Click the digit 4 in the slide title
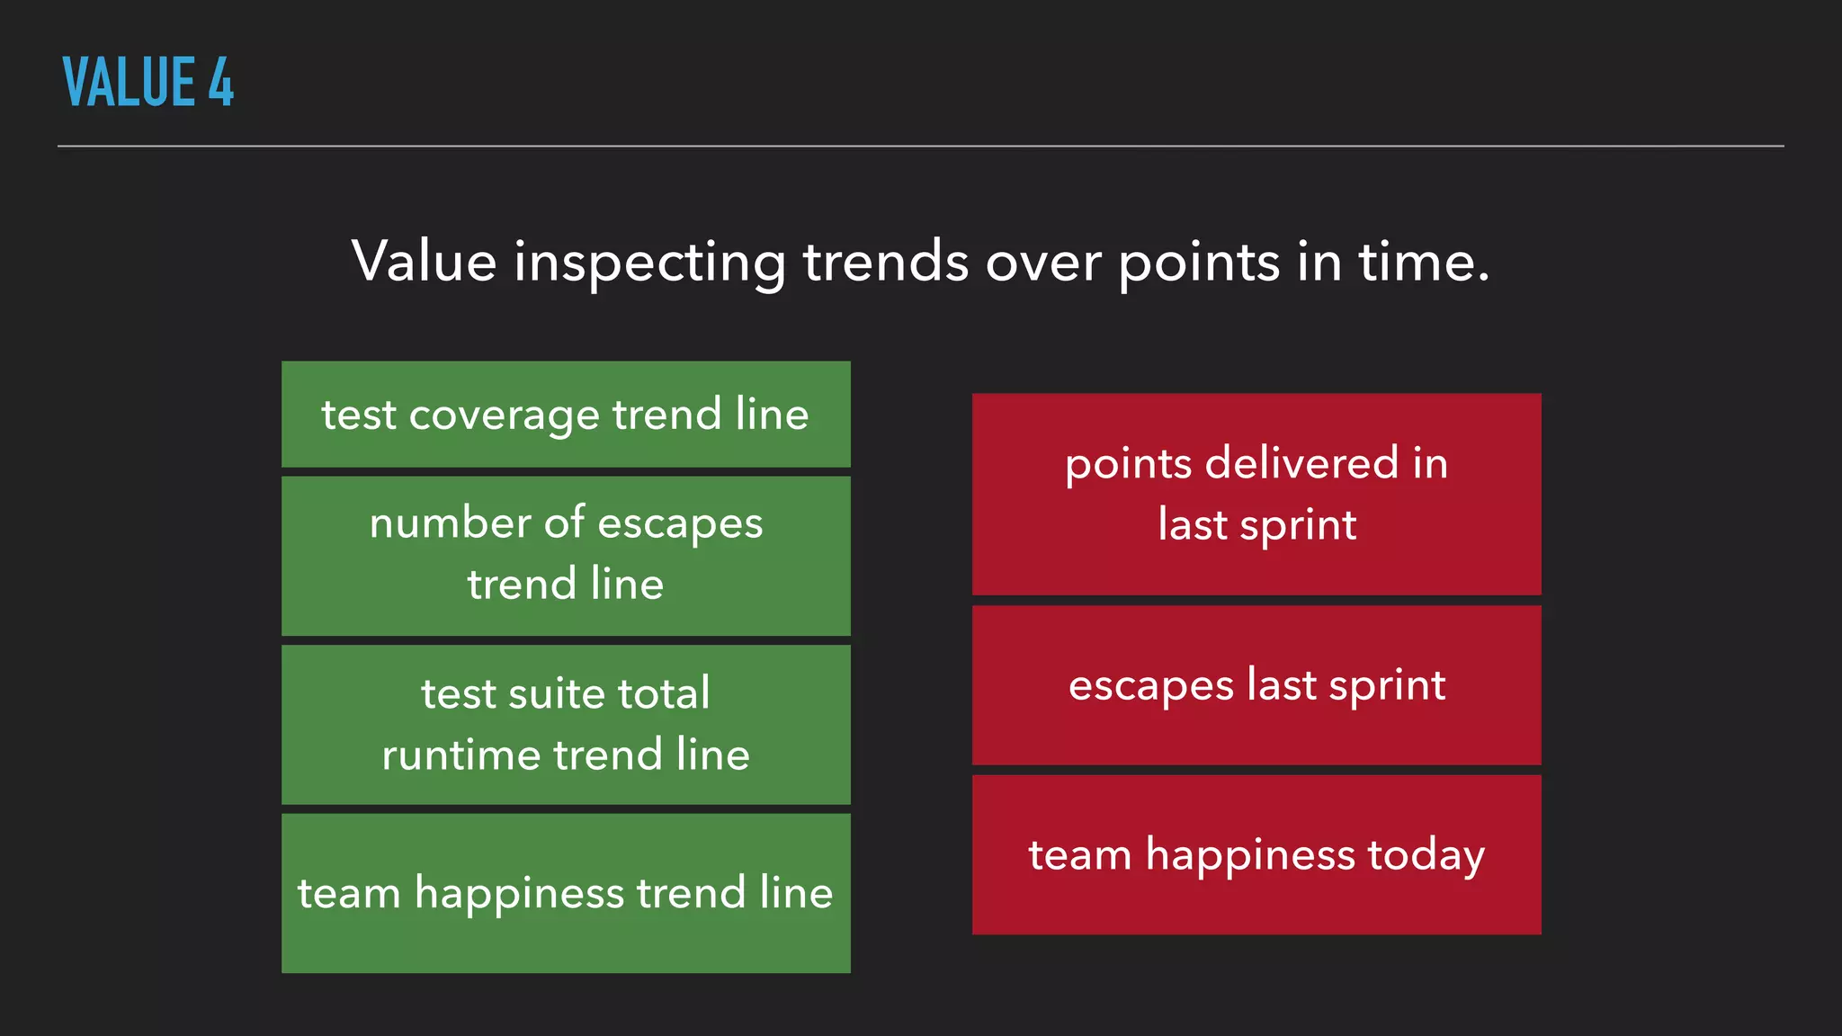point(221,82)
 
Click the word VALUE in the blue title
point(130,82)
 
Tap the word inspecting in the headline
point(650,263)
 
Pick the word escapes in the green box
point(680,524)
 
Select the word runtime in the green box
point(460,755)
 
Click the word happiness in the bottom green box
point(519,894)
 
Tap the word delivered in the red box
point(1301,463)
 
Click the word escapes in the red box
point(1150,686)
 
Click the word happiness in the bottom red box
point(1250,855)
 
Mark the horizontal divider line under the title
point(921,146)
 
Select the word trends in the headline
point(886,263)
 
